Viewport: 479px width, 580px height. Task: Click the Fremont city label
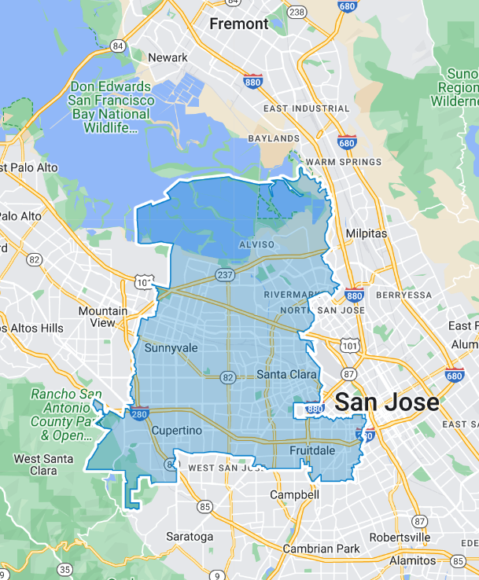coord(239,24)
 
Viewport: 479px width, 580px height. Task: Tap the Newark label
coord(168,57)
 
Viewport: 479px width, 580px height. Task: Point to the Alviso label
coord(256,244)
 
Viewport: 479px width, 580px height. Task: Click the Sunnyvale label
coord(171,347)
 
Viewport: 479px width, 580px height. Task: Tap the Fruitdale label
coord(312,450)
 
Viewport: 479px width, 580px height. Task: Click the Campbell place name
coord(294,495)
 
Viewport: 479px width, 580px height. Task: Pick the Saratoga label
coord(190,537)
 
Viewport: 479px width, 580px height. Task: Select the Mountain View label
coord(102,317)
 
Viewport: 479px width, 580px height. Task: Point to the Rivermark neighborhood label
coord(289,295)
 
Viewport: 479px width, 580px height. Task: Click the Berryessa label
coord(404,295)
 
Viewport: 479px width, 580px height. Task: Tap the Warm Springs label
coord(344,163)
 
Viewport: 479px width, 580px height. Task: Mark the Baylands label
coord(274,138)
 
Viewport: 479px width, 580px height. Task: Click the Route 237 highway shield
coord(223,273)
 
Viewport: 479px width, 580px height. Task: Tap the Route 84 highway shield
coord(119,46)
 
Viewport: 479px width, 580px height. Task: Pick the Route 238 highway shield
coord(297,12)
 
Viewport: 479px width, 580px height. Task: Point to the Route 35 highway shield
coord(65,569)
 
